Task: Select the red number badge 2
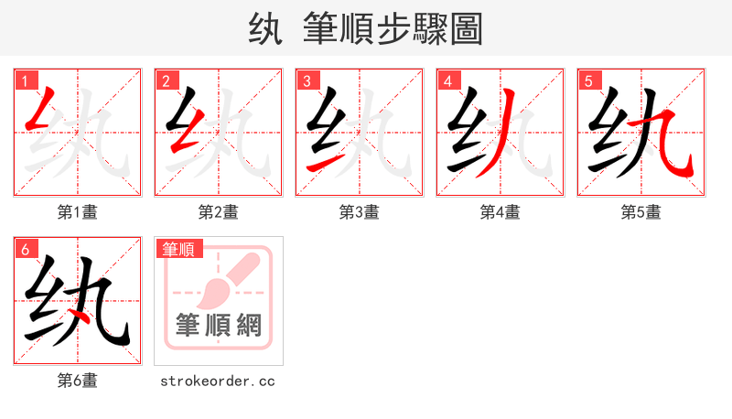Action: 165,80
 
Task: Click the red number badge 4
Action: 447,80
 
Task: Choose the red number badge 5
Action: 587,80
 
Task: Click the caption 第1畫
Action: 78,212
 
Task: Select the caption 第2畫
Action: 219,212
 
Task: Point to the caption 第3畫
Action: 360,212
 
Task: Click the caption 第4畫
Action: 501,212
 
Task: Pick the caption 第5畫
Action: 641,212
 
